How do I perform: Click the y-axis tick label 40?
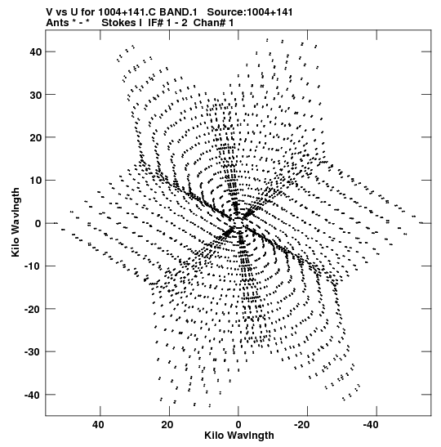point(35,51)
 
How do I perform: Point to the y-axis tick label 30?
point(35,95)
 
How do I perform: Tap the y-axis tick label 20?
point(35,137)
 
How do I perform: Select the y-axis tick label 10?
point(35,181)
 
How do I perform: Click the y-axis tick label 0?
point(38,224)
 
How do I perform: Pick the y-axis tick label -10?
point(33,266)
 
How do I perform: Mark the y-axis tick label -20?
point(33,309)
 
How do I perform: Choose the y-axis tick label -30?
point(33,352)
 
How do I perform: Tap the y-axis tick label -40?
point(33,396)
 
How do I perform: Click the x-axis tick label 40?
point(98,425)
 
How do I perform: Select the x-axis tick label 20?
point(167,425)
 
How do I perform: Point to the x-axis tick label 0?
point(238,425)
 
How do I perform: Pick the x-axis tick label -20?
point(301,425)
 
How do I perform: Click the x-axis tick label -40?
point(371,425)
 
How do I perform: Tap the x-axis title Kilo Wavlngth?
point(239,436)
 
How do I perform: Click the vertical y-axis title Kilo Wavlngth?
point(16,222)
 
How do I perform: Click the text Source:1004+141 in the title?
point(250,12)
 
